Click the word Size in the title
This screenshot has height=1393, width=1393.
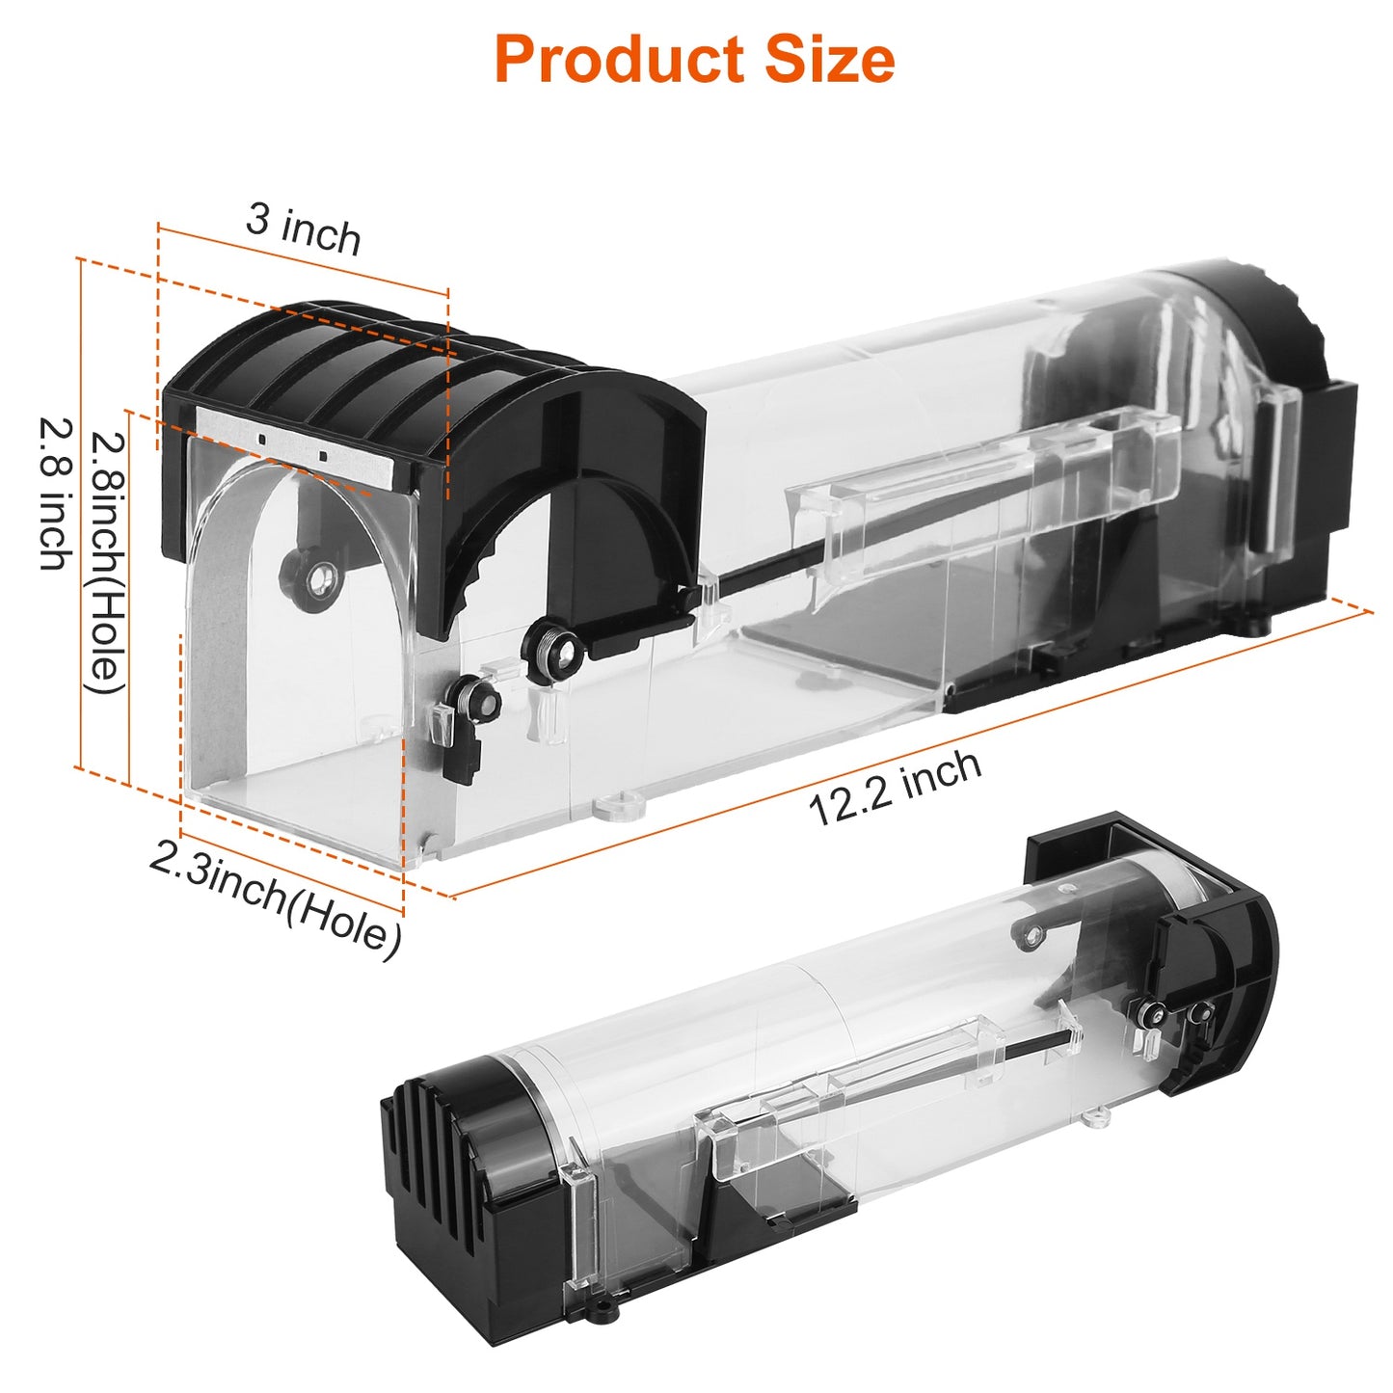(830, 60)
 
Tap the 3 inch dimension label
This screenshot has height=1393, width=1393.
(304, 229)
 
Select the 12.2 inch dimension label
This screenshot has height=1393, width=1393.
(895, 788)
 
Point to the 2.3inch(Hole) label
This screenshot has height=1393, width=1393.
(276, 897)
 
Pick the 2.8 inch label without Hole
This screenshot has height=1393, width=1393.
(55, 493)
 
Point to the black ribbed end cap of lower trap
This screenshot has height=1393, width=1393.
(453, 1157)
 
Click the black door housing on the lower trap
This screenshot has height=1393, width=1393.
(1215, 974)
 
